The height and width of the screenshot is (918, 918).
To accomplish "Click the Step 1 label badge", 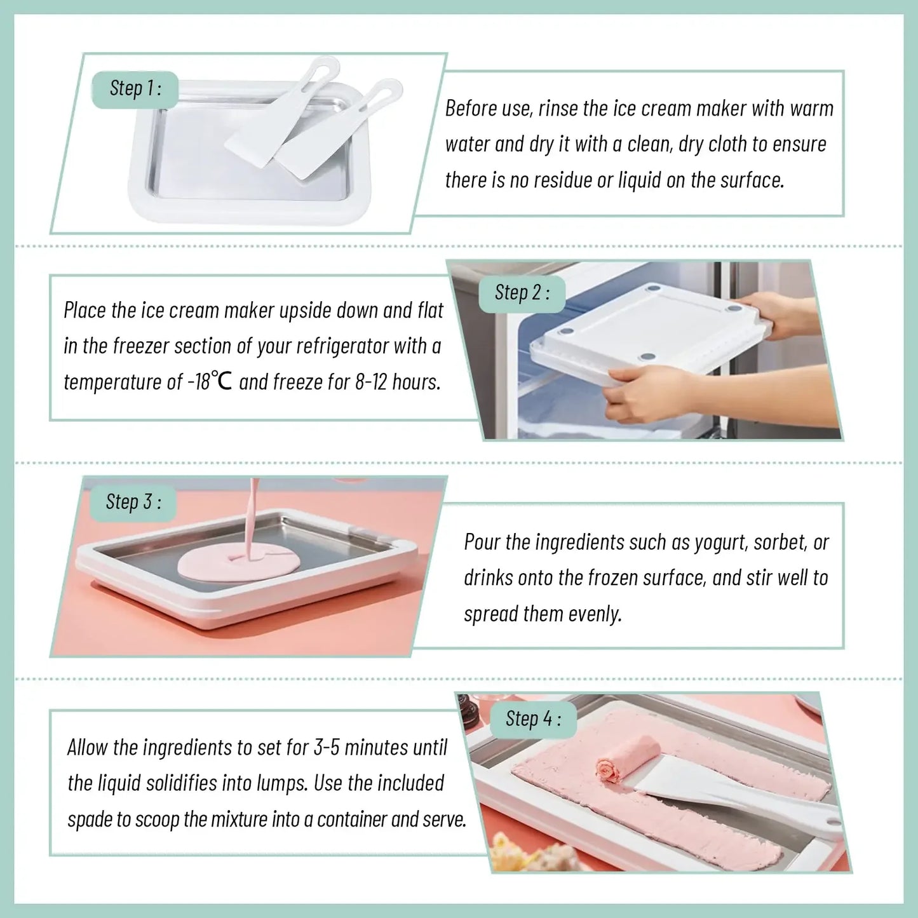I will (135, 88).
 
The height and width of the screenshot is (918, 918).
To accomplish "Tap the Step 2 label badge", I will (522, 293).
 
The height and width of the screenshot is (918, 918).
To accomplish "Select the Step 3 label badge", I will (133, 502).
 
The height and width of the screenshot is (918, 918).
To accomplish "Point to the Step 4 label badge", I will (533, 719).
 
